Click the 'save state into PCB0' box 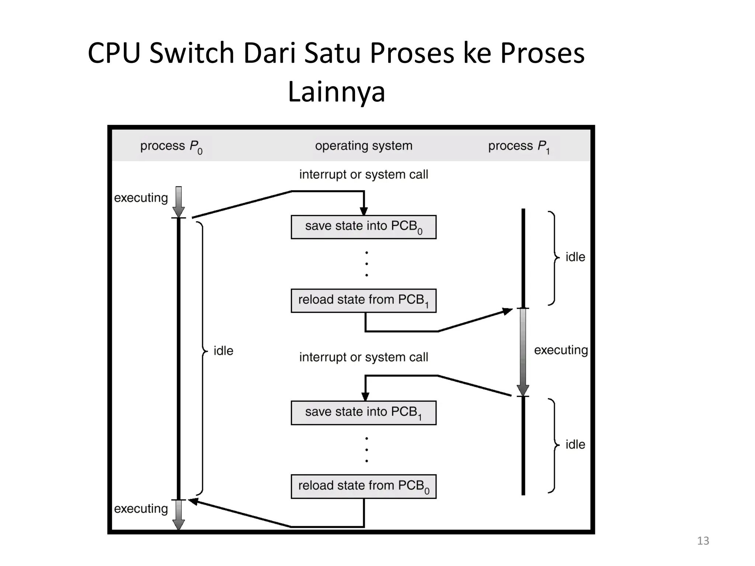(x=363, y=227)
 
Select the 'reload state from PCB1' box (x=363, y=301)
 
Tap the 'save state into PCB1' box (x=363, y=413)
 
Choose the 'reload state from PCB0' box (x=363, y=486)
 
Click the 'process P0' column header (x=171, y=146)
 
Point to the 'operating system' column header (x=363, y=146)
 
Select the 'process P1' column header (x=519, y=146)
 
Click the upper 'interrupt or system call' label (x=363, y=174)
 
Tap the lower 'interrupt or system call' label (x=363, y=357)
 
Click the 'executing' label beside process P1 (x=561, y=350)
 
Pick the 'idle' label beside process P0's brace (x=223, y=351)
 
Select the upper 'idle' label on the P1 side (x=575, y=257)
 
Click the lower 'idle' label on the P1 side (x=575, y=444)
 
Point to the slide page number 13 (x=703, y=541)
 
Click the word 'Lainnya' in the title (x=336, y=92)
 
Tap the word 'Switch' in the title (x=192, y=53)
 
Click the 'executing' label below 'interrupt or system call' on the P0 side (x=141, y=198)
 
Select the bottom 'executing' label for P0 (x=141, y=509)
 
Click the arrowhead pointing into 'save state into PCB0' (x=364, y=211)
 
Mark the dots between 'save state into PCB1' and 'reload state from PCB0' (x=366, y=450)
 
